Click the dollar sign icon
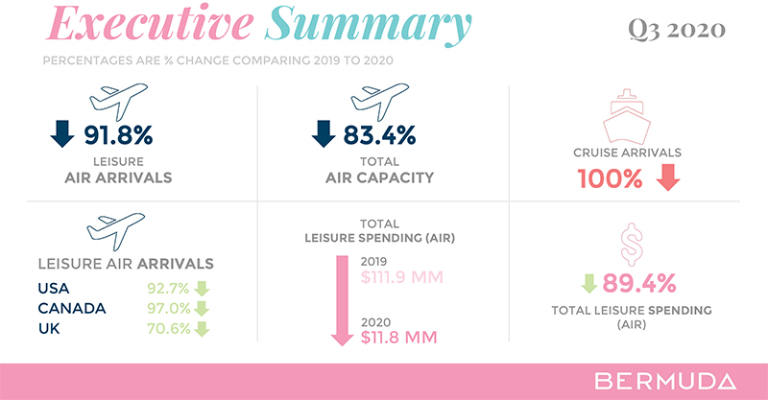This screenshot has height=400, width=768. click(x=631, y=245)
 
